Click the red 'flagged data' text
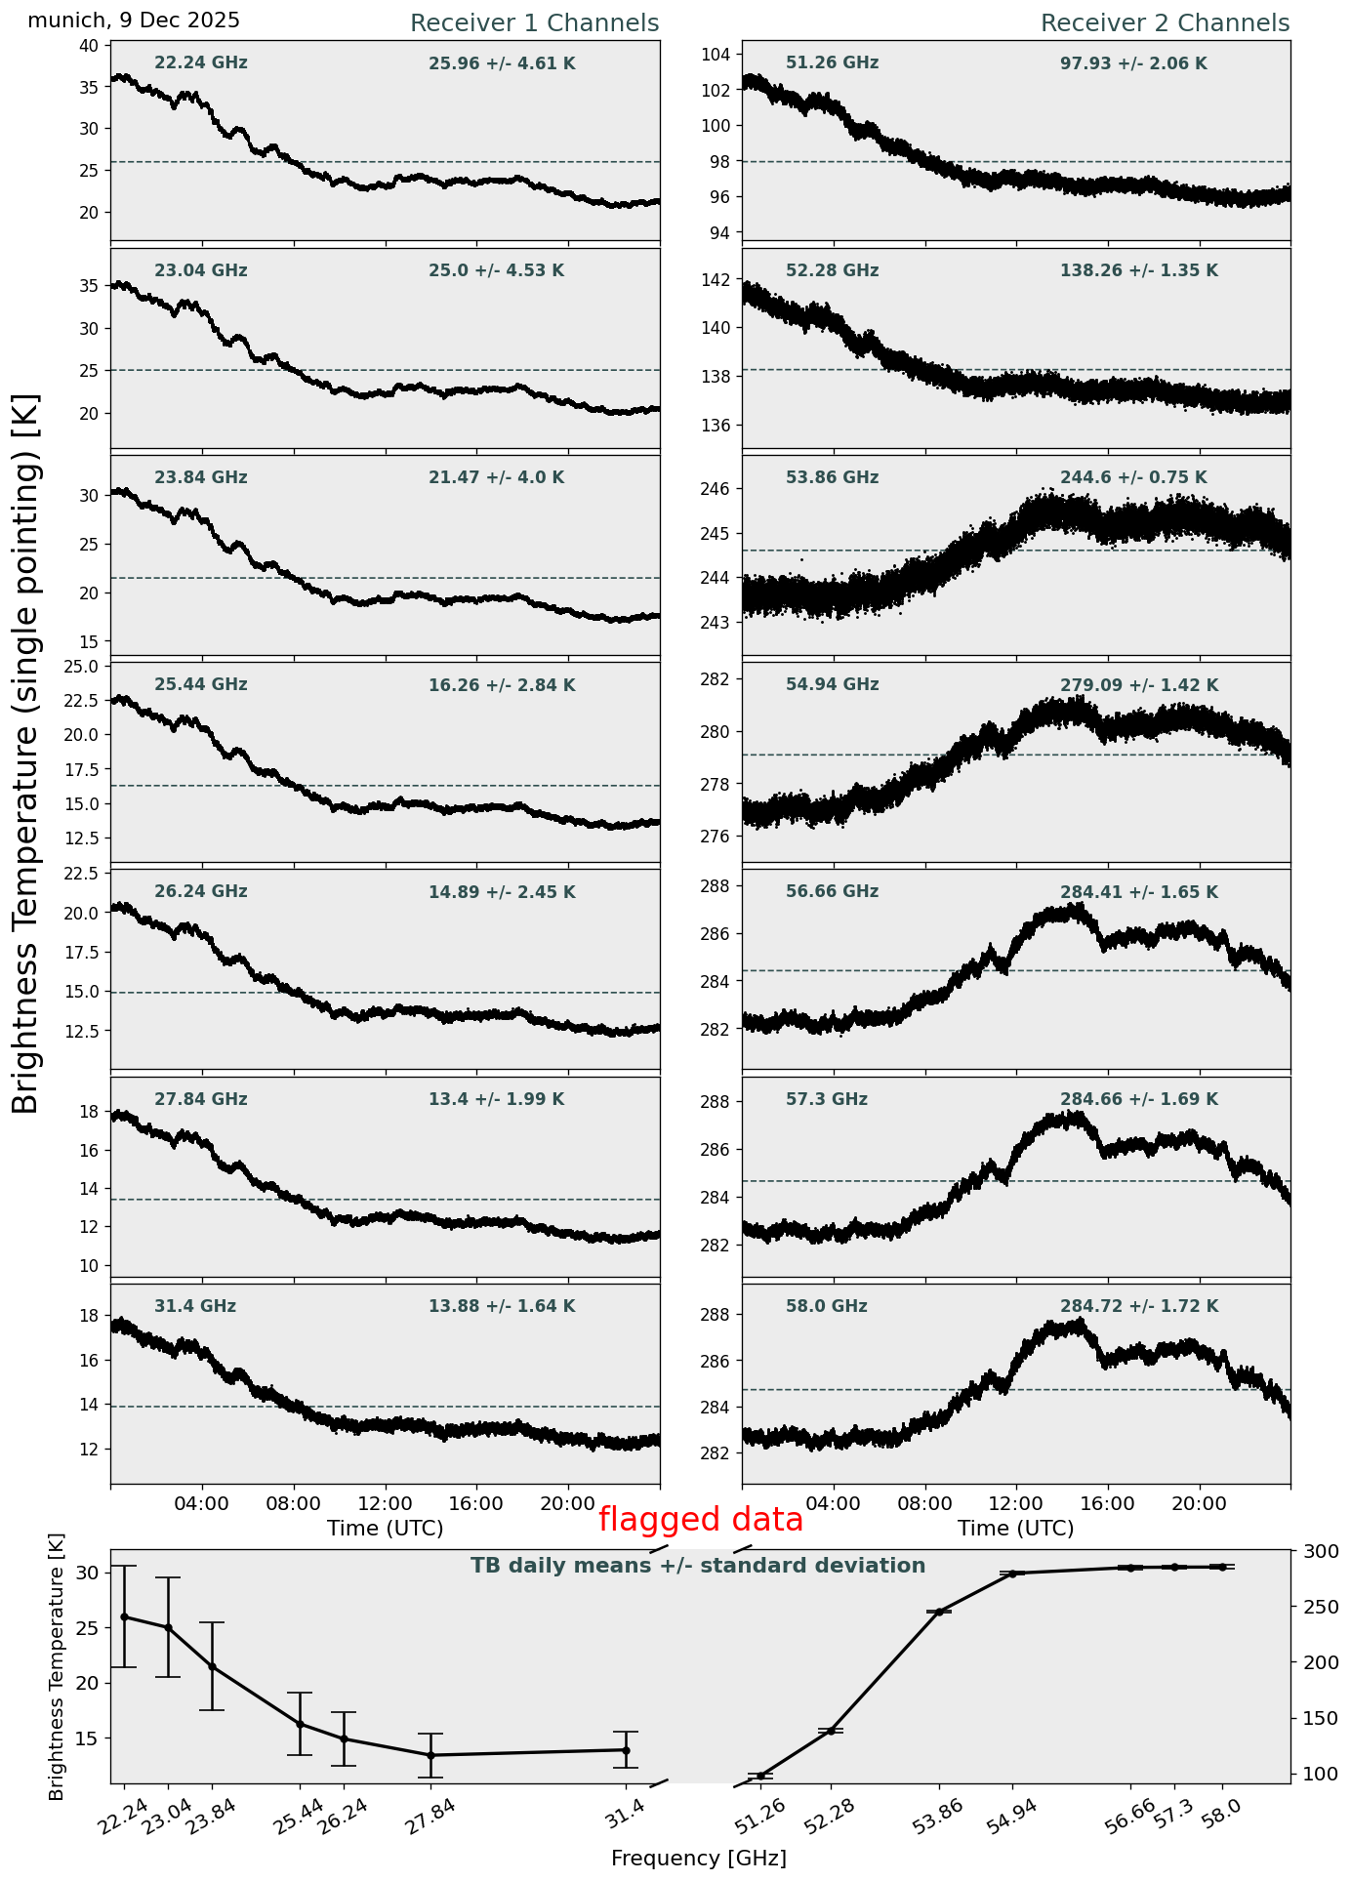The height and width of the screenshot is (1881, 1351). coord(700,1520)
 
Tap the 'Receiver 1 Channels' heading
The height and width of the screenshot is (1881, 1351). coord(534,23)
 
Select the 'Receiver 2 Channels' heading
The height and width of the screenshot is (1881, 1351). coord(1165,23)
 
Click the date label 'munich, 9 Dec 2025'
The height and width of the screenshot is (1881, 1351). coord(134,20)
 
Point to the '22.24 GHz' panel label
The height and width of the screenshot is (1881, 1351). coord(201,63)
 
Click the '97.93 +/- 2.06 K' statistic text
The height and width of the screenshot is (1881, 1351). coord(1133,64)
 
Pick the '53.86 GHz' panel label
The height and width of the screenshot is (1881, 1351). coord(832,478)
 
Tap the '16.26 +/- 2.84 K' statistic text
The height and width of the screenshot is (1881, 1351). coord(502,686)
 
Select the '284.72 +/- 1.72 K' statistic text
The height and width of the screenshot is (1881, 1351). coord(1139,1307)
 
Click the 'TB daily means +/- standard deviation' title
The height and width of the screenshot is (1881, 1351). coord(698,1567)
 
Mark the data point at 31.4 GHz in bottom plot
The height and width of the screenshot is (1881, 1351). coord(626,1750)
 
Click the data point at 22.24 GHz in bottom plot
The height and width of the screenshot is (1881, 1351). coord(124,1616)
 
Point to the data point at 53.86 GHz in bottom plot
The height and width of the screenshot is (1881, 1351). coord(939,1612)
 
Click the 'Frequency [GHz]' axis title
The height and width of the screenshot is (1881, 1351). coord(698,1859)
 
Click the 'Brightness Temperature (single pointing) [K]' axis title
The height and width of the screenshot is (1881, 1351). coord(26,753)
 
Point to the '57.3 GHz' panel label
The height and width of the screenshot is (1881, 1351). coord(827,1100)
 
